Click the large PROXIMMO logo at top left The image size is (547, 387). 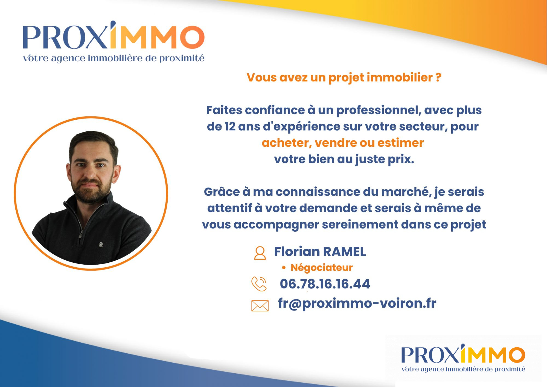click(114, 41)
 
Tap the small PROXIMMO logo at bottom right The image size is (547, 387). click(463, 358)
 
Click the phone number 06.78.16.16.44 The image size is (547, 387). click(325, 284)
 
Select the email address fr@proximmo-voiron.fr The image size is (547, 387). click(357, 303)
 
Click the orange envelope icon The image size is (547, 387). click(260, 306)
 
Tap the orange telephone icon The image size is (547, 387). click(259, 284)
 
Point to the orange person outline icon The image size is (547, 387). click(260, 253)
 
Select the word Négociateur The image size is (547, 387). click(322, 268)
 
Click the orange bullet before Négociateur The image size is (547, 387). click(284, 268)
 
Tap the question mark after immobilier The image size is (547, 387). click(438, 78)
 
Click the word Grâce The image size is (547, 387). click(222, 192)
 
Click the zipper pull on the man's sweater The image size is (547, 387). click(80, 235)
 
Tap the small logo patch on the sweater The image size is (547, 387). click(101, 245)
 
